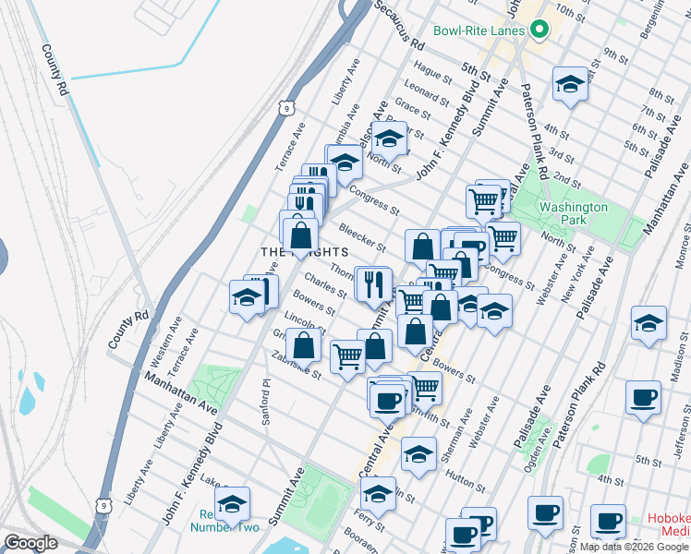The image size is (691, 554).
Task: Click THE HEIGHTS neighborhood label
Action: tap(304, 252)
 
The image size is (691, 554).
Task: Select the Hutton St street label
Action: tap(463, 478)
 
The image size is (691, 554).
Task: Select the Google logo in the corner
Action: tap(30, 543)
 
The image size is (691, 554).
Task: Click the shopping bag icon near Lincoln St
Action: tap(304, 346)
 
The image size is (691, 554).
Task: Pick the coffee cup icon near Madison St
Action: tap(643, 398)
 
